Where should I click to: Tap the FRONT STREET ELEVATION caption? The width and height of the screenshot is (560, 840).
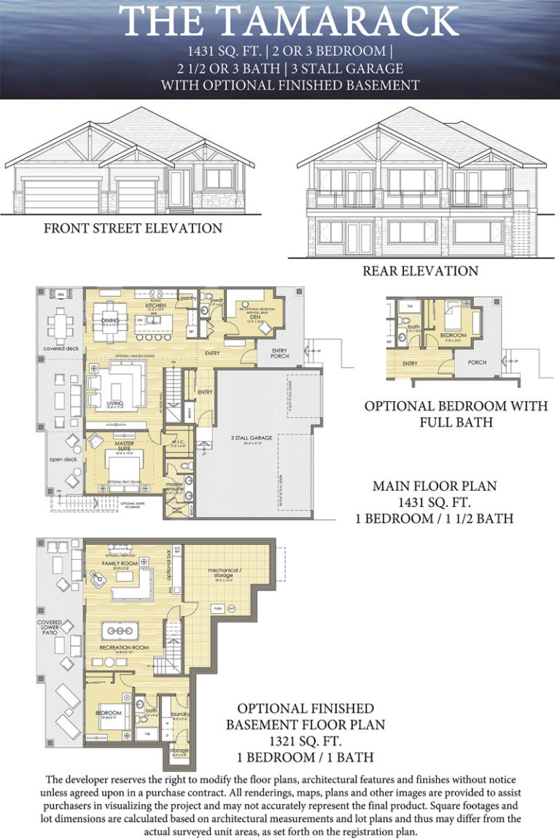pos(133,228)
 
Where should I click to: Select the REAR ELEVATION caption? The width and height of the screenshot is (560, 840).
pos(420,271)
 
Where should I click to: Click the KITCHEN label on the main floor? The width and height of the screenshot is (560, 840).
pos(155,305)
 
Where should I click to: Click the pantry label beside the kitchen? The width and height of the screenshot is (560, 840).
pos(187,297)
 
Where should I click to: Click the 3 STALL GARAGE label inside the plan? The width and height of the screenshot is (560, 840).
pos(252,437)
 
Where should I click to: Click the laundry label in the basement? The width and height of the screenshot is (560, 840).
pos(180,715)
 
